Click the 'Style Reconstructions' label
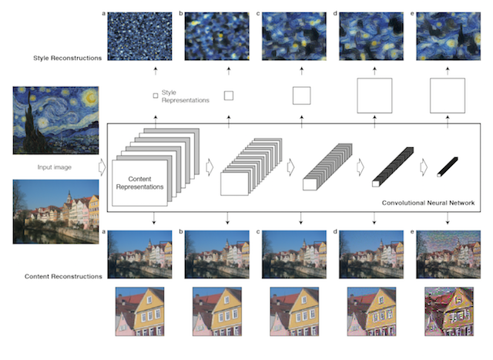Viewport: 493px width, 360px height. click(67, 58)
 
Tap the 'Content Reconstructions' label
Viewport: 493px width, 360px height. click(63, 276)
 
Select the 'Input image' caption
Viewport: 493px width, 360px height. click(55, 167)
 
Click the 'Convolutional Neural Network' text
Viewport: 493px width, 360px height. click(428, 203)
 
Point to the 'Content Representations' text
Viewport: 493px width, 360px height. click(139, 183)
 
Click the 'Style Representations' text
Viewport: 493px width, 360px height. click(185, 96)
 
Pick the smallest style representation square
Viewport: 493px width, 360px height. click(156, 96)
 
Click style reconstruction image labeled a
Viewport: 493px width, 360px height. click(139, 36)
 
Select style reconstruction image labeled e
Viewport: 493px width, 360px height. click(448, 36)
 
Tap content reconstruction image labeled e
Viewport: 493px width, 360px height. click(448, 254)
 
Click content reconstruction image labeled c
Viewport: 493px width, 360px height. click(294, 254)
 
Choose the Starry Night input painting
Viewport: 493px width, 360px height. click(55, 120)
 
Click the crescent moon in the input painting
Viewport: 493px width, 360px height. click(91, 98)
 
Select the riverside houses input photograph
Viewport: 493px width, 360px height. click(55, 211)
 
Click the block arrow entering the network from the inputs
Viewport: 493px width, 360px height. click(102, 167)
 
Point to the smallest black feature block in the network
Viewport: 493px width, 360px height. click(448, 167)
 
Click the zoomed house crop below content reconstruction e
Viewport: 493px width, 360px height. click(449, 311)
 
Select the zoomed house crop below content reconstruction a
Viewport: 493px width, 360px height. click(139, 311)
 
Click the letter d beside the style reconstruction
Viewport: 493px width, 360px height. click(335, 14)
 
